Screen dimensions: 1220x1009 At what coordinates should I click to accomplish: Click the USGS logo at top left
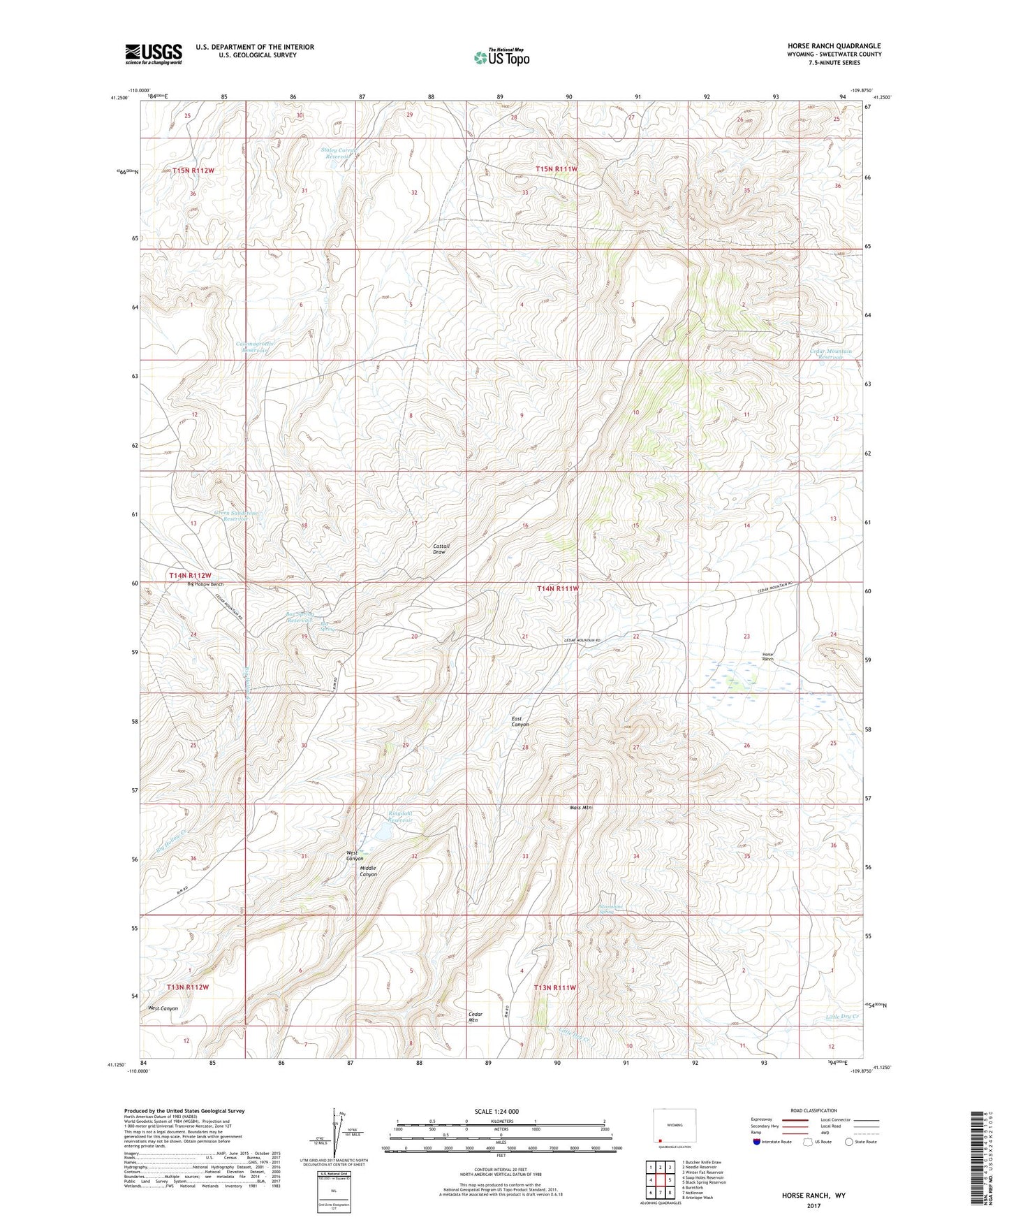[x=154, y=54]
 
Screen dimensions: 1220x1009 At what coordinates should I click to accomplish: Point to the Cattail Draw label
[x=441, y=549]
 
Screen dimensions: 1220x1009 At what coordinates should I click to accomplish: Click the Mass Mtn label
[x=580, y=807]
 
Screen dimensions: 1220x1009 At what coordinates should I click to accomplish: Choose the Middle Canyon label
[x=368, y=871]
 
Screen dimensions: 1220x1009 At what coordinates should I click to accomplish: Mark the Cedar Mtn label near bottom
[x=476, y=1017]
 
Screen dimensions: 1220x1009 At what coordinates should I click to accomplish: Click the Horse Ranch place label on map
[x=767, y=656]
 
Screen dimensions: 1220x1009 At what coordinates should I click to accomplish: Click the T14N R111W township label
[x=557, y=588]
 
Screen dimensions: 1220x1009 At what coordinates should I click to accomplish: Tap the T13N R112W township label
[x=188, y=987]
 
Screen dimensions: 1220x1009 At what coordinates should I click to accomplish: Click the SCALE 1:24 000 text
[x=496, y=1112]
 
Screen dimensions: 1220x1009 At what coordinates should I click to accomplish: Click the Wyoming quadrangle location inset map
[x=674, y=1128]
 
